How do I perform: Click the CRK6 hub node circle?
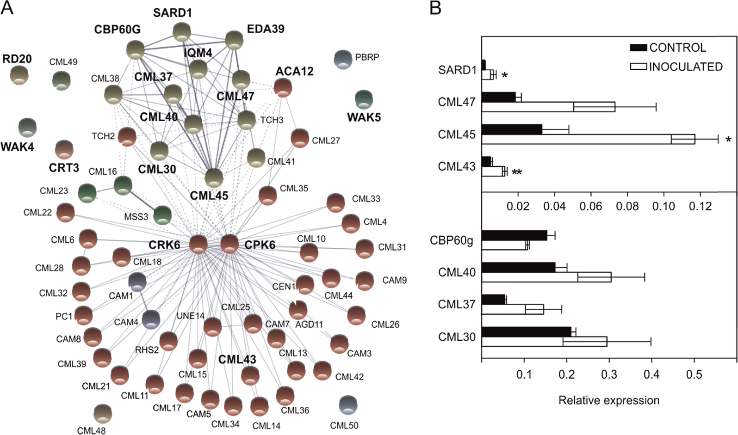pos(198,244)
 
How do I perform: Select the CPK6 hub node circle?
pos(229,243)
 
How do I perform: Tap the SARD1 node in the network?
pos(182,32)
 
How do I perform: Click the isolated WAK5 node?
pos(364,99)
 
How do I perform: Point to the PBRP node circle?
pos(343,59)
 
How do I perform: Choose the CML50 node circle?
pos(348,405)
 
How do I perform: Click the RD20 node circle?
pos(19,75)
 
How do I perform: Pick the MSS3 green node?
pos(162,215)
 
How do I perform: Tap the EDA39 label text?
pos(266,29)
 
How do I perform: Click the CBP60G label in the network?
pos(117,30)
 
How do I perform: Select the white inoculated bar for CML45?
pos(588,139)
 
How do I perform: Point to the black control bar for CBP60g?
pos(514,235)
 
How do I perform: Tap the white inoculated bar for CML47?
pos(548,107)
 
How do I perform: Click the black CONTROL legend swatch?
pos(638,48)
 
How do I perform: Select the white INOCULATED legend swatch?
pos(638,67)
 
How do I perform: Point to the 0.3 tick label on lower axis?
pos(609,374)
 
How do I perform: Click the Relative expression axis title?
pos(608,400)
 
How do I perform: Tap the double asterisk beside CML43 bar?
pos(517,173)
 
